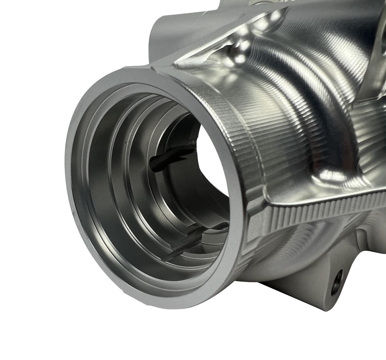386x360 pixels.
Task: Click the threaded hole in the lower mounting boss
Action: point(337,283)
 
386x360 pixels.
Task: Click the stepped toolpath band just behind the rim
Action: point(226,113)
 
